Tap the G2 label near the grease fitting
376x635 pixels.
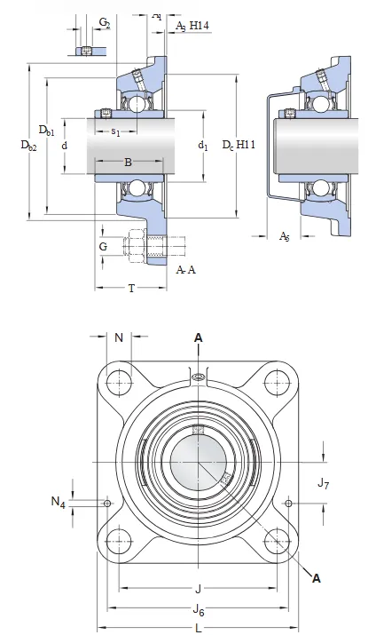[105, 23]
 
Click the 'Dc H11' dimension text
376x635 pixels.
[239, 144]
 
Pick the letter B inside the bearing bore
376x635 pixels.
[128, 163]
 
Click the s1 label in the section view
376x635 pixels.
[116, 132]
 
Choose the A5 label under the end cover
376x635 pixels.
[285, 236]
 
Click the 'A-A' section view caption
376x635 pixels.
[186, 269]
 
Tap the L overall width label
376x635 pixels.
[199, 628]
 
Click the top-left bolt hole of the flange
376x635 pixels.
[118, 383]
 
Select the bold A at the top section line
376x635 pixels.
[199, 337]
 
